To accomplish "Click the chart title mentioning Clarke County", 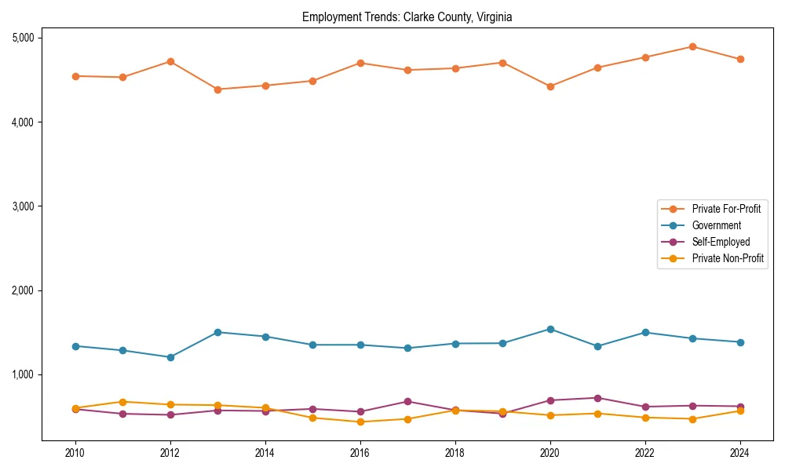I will click(x=407, y=17).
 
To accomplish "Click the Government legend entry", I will click(x=716, y=225).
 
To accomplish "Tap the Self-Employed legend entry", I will click(x=721, y=242).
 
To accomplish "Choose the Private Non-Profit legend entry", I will click(x=728, y=258).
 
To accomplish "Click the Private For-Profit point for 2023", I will click(x=692, y=46).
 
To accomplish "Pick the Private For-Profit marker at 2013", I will click(x=217, y=89).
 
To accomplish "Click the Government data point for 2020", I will click(x=550, y=329).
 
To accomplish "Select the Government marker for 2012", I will click(x=170, y=357).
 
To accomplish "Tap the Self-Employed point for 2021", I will click(x=597, y=398).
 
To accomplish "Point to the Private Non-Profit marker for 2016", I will click(x=360, y=422).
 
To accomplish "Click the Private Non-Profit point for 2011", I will click(x=122, y=402).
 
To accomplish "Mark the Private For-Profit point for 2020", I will click(x=550, y=86).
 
